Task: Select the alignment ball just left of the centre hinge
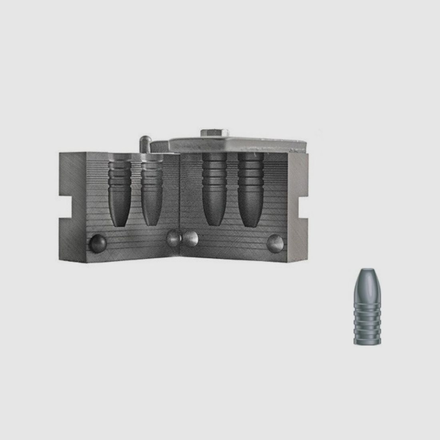173,239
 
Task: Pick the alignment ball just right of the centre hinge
190,239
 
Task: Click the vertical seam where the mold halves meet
181,200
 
